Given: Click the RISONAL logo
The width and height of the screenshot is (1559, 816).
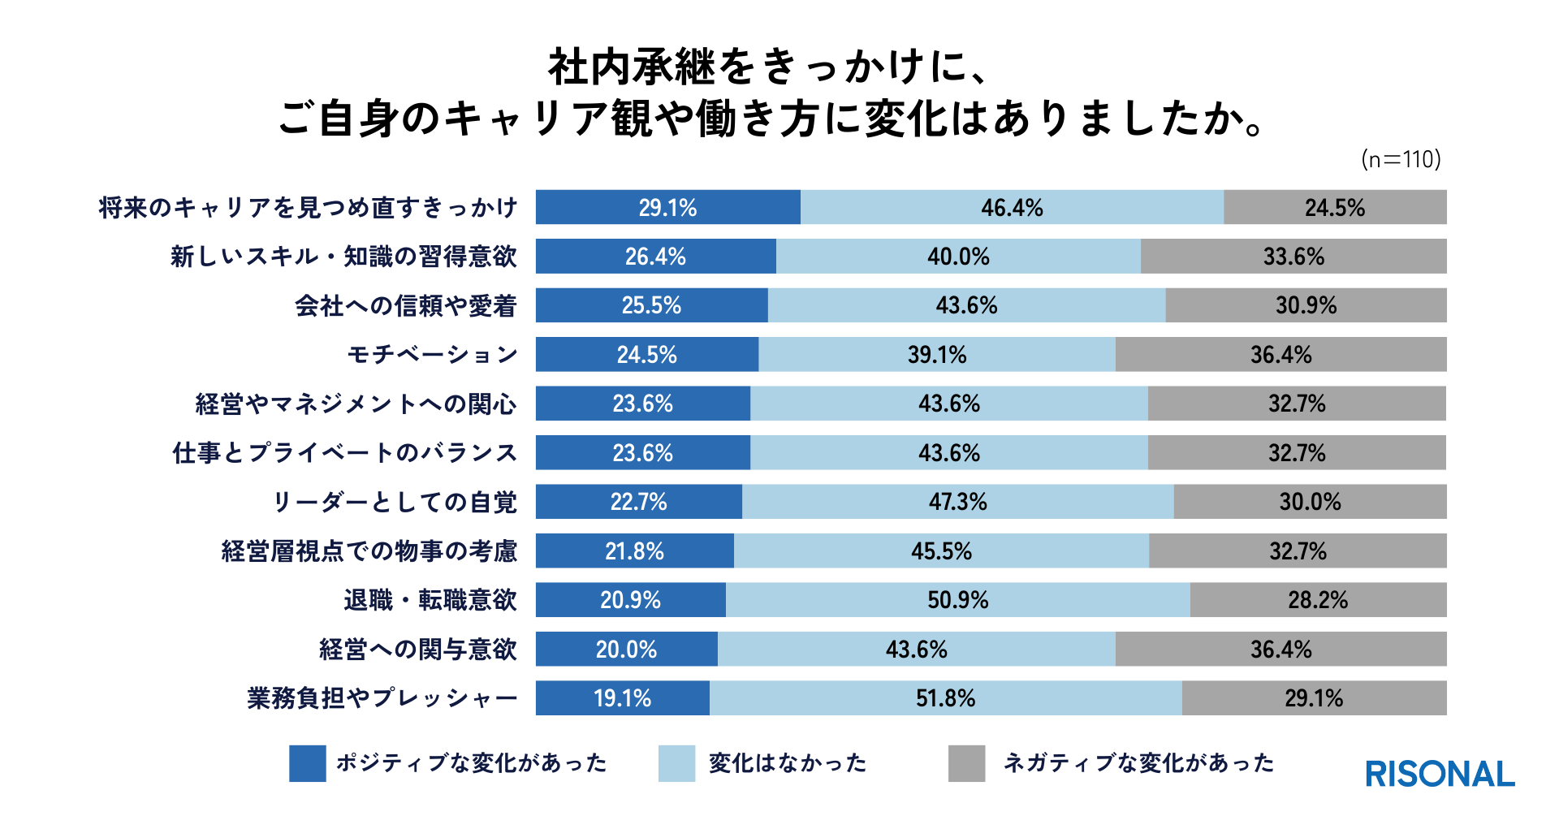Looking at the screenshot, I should [1440, 774].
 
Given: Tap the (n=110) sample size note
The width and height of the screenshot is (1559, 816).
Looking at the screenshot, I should [1401, 159].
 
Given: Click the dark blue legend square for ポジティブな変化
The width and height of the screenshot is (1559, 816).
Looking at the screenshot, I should [308, 763].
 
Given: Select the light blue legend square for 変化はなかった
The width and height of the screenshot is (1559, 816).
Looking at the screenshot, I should [676, 763].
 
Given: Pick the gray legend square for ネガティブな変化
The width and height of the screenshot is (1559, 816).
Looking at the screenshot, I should [966, 763].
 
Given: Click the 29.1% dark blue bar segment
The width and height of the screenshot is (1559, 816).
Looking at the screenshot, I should [667, 208].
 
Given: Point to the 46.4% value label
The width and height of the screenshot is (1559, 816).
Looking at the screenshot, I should [1012, 208].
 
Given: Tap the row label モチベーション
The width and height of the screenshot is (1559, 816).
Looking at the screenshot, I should [432, 355].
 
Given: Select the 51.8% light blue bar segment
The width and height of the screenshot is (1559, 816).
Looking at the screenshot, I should [945, 698].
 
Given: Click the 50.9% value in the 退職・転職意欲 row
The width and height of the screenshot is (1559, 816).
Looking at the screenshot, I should [958, 600].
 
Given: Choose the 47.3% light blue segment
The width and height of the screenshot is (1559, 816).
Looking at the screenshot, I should [958, 502].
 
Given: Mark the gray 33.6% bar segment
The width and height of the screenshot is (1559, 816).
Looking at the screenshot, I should [1293, 257].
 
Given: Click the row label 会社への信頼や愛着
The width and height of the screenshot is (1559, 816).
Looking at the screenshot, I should [405, 306].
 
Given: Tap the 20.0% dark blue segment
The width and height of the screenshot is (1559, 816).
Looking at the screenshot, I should [626, 650].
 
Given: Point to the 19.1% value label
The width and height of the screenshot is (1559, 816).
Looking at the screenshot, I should [622, 698].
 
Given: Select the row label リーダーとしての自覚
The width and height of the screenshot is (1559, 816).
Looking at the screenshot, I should [395, 502].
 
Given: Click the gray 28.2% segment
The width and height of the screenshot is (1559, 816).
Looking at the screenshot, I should [1318, 600].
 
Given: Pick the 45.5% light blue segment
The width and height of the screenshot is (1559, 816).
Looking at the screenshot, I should [941, 551].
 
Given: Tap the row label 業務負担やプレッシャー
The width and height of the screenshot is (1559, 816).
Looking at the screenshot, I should [382, 698].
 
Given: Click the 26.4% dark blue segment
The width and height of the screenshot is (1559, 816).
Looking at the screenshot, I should [655, 257].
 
